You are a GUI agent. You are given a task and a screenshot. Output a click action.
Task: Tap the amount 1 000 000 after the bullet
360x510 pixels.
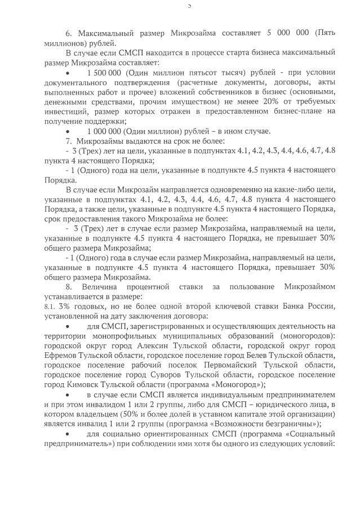tap(104, 131)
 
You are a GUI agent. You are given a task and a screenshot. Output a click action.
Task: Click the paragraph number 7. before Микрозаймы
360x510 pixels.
tap(69, 140)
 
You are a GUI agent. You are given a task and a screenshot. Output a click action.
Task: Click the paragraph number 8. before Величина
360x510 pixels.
tap(69, 287)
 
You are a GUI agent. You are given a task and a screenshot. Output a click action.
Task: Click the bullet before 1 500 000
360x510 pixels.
tap(68, 73)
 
